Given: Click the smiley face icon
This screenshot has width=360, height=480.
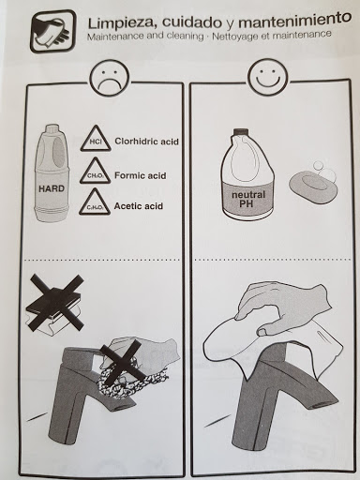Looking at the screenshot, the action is click(267, 76).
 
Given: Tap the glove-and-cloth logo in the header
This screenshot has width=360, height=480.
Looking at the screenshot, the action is click(52, 32).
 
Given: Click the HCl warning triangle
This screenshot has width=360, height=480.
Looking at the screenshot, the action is click(95, 139).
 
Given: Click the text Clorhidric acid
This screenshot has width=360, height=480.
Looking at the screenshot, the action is click(146, 142).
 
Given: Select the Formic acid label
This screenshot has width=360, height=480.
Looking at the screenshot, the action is click(140, 175).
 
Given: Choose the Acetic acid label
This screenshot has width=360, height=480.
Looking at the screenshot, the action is click(139, 206).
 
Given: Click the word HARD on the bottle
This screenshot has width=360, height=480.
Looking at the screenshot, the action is click(52, 188).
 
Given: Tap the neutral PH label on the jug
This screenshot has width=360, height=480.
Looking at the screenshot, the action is click(248, 200).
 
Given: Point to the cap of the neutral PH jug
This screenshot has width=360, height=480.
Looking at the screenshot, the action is click(240, 131).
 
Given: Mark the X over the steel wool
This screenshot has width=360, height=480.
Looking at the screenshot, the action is click(120, 363).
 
